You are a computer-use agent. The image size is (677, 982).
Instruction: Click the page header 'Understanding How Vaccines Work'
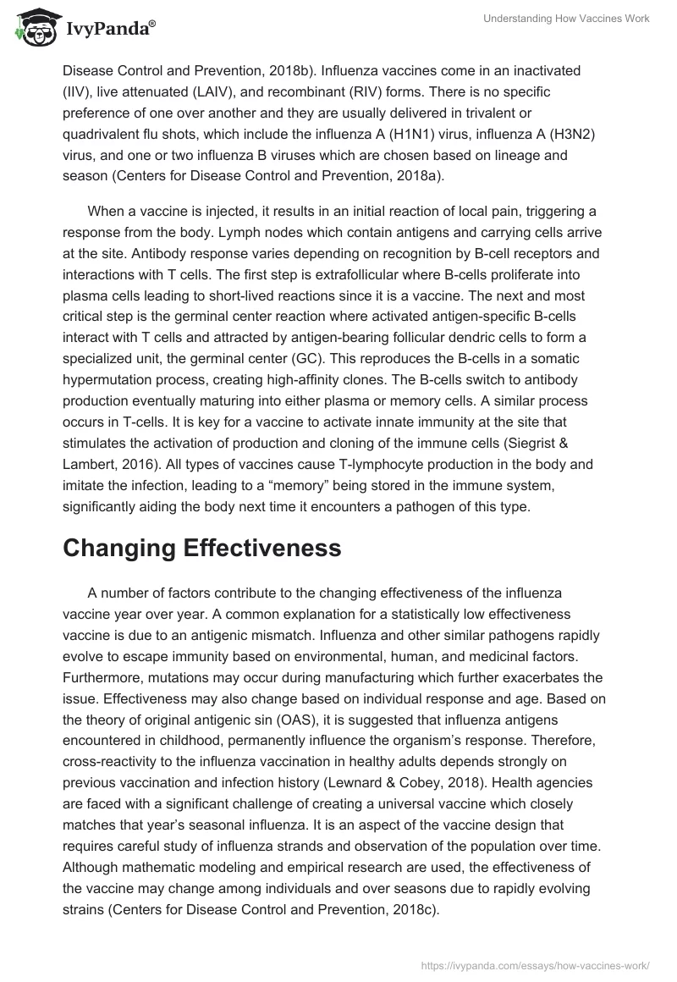pos(566,19)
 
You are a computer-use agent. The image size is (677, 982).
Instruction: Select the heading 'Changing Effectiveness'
pos(201,548)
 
